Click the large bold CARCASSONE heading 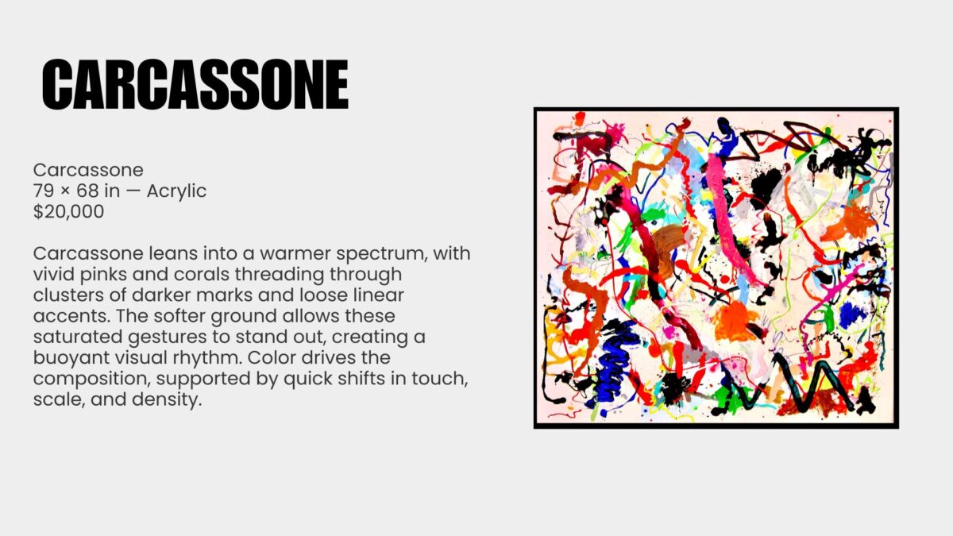(x=195, y=84)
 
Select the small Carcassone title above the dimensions (x=88, y=170)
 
